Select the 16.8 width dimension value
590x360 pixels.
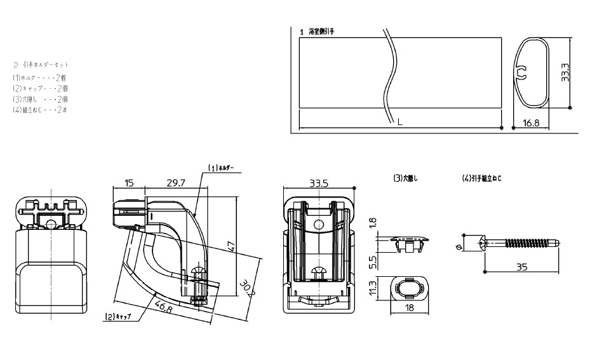click(x=531, y=123)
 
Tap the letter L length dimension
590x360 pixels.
click(x=399, y=123)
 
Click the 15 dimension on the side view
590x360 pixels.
click(x=129, y=183)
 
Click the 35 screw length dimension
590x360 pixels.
click(x=521, y=268)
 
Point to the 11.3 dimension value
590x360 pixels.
click(x=373, y=288)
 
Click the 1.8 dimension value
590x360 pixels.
click(x=373, y=223)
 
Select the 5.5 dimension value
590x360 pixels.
click(x=373, y=261)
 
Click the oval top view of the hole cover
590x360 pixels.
click(x=410, y=289)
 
